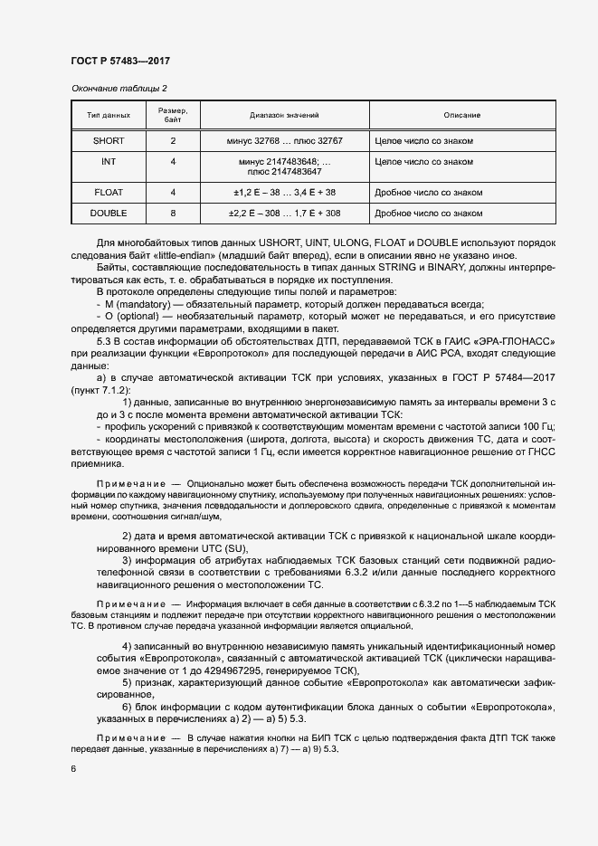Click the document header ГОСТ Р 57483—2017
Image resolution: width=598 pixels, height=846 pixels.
119,61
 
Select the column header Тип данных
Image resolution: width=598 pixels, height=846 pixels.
109,116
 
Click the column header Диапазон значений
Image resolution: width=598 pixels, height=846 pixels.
284,116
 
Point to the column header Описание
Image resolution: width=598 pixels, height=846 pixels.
461,116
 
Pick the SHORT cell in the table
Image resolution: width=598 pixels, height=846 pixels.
109,141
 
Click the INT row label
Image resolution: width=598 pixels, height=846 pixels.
109,161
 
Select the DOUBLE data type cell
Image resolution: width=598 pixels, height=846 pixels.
109,214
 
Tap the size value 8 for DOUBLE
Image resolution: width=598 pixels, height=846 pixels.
173,214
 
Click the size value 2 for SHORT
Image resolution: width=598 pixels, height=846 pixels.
173,141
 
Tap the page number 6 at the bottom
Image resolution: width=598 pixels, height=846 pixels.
73,768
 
